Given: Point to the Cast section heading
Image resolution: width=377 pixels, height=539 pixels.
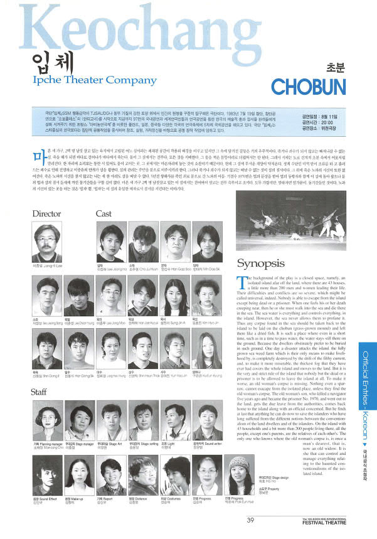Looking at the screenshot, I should click(x=104, y=214).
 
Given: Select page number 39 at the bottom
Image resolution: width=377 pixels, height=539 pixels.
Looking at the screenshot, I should click(x=250, y=520).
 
